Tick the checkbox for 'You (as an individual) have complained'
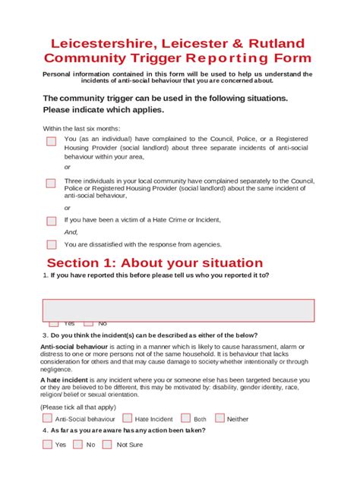(x=51, y=141)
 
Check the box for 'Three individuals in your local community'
(x=51, y=183)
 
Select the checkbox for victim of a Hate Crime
(x=51, y=221)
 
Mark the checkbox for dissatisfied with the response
(x=51, y=244)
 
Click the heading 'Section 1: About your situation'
(x=155, y=263)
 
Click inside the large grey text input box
(x=178, y=310)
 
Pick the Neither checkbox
(x=219, y=418)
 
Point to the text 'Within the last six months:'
(x=81, y=129)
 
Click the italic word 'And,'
(x=71, y=232)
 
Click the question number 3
(x=45, y=335)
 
